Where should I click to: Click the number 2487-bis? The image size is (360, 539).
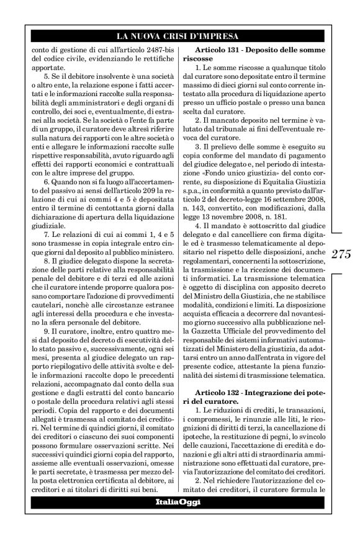pyautogui.click(x=151, y=48)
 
